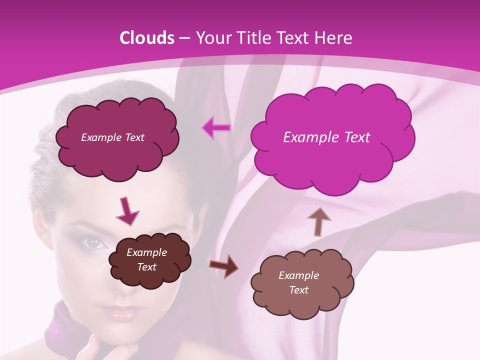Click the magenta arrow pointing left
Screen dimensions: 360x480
coord(216,128)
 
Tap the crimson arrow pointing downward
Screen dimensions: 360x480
coord(127,210)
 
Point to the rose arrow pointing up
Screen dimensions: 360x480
coord(319,220)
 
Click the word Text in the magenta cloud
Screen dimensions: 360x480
coord(352,137)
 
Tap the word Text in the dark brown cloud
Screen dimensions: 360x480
coord(147,267)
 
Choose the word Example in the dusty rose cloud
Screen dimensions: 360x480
coord(298,275)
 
